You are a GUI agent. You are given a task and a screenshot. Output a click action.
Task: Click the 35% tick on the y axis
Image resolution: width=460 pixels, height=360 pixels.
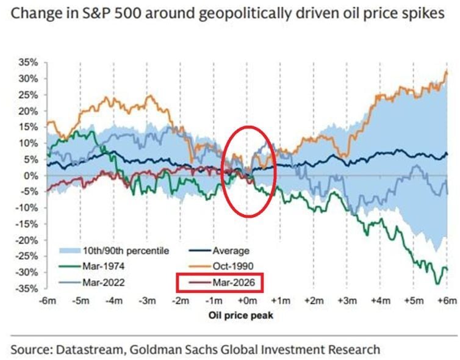29,63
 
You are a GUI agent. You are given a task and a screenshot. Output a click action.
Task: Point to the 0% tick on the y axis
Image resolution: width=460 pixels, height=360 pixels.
31,176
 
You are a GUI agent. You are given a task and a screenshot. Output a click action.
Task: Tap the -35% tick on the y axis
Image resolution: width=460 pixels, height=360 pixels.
27,288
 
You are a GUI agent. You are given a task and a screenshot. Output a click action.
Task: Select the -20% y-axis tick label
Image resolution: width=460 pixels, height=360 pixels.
27,240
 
